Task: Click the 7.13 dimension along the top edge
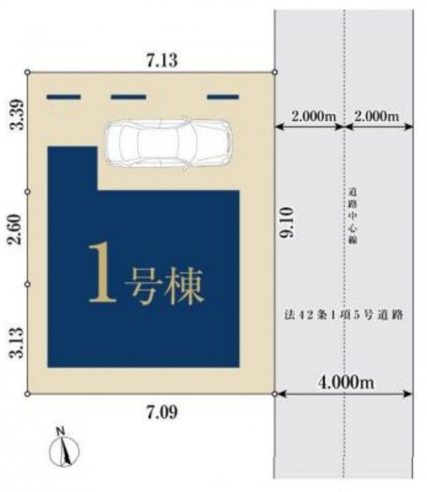[x=162, y=60]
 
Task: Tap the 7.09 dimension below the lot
[x=162, y=413]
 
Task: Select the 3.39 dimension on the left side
[x=16, y=115]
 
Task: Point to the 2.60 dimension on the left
[x=16, y=230]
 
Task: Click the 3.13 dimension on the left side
[x=16, y=343]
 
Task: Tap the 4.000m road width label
[x=346, y=382]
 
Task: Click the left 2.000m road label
[x=313, y=116]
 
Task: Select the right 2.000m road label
[x=377, y=116]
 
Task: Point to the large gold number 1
[x=102, y=273]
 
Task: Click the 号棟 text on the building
[x=164, y=286]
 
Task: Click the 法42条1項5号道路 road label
[x=343, y=315]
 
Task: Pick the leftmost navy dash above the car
[x=64, y=97]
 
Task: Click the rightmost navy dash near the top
[x=223, y=97]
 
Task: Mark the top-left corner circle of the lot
[x=28, y=72]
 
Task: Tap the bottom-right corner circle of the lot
[x=275, y=394]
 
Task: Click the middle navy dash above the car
[x=128, y=97]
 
